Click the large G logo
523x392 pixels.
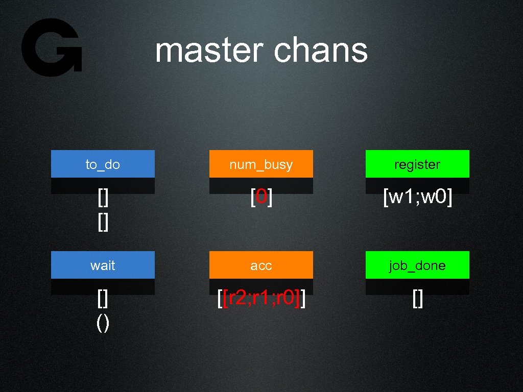(51, 47)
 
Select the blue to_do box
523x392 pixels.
(103, 164)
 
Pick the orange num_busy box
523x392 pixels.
(261, 164)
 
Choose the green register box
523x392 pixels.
(417, 164)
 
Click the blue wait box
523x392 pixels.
(103, 265)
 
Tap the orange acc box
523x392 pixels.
(261, 265)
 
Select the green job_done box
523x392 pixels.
(417, 265)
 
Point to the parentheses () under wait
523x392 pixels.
(103, 324)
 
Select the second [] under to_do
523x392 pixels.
(103, 223)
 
